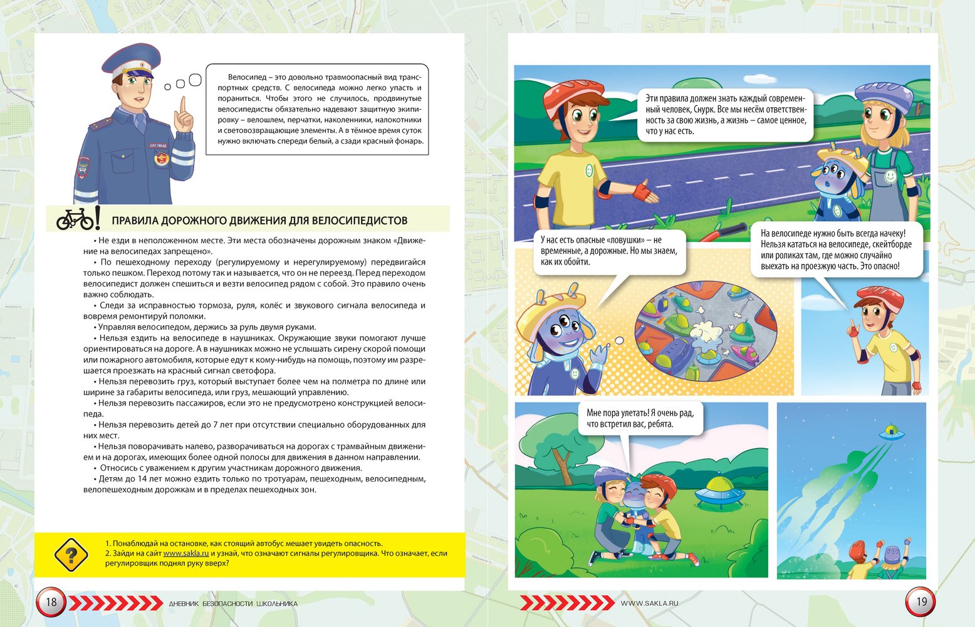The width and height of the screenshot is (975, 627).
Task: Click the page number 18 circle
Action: click(51, 603)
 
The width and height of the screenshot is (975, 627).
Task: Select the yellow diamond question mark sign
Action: click(71, 555)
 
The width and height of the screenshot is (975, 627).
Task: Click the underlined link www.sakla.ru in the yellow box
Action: click(186, 553)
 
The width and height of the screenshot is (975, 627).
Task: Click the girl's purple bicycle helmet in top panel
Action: click(884, 97)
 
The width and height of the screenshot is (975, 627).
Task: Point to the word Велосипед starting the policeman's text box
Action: click(246, 76)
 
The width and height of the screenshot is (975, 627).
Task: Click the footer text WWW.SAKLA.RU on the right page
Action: click(649, 603)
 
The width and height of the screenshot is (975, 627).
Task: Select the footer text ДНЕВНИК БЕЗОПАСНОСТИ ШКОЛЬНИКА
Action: click(233, 604)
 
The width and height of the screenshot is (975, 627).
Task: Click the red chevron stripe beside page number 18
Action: click(115, 603)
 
